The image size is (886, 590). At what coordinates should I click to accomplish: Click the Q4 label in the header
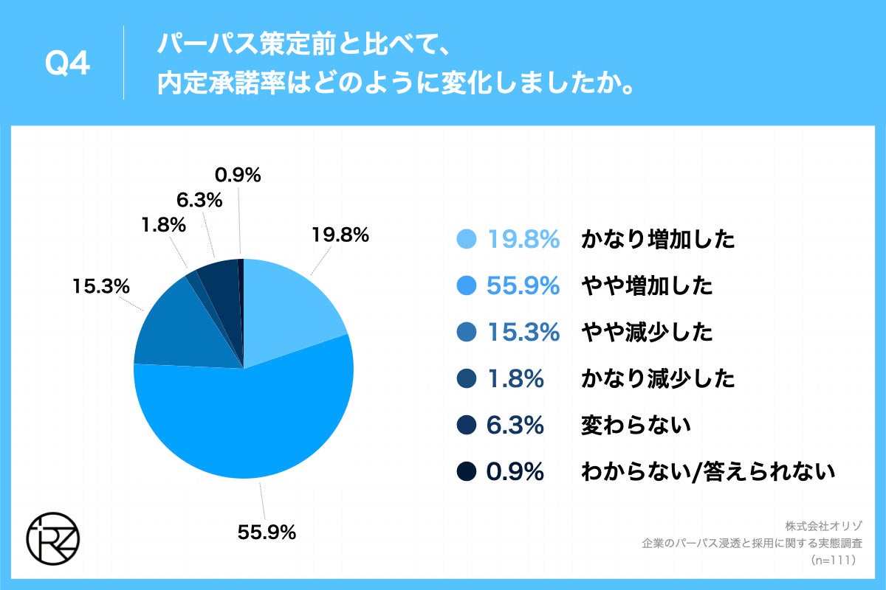coord(67,65)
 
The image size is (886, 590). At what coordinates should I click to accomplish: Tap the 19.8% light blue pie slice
coord(292,310)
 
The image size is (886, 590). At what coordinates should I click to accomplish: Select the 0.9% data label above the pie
coord(238,176)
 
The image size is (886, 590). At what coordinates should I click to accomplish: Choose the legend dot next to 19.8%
coord(466,240)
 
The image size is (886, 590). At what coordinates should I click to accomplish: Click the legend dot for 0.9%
coord(466,471)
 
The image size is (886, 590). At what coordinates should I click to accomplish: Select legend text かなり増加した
coord(658,240)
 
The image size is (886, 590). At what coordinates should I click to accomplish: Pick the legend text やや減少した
coord(647,333)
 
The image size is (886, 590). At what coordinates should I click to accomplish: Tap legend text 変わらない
coord(636,425)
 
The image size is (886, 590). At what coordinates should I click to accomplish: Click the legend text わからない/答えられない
coord(708,471)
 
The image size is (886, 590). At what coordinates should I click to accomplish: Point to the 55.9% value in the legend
coord(523,286)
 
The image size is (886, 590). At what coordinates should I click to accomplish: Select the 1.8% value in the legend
coord(515,379)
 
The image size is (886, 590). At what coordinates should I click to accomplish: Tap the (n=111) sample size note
coord(832,560)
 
